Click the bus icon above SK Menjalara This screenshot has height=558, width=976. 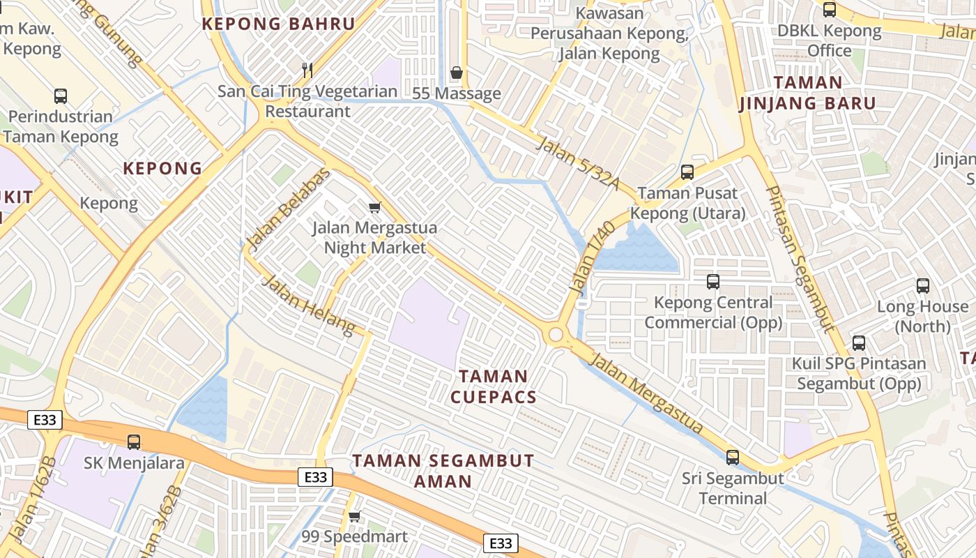tap(133, 442)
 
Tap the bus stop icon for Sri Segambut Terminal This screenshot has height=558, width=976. tap(732, 458)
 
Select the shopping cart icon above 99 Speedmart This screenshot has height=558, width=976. tap(355, 516)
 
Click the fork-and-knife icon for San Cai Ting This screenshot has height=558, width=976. tap(307, 70)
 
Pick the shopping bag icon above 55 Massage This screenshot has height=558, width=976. tap(457, 73)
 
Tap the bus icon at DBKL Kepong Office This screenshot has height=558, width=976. tap(829, 10)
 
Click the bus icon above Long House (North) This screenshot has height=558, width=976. tap(922, 285)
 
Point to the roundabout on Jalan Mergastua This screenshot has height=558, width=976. tap(555, 335)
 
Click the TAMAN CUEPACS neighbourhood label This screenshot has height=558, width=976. tap(494, 387)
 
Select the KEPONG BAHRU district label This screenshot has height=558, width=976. tap(279, 24)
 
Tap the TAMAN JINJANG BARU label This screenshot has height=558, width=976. tap(807, 93)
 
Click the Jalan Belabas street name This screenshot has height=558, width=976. tap(287, 209)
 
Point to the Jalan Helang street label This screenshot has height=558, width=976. tap(308, 305)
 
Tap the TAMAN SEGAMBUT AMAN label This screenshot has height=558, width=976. tap(443, 471)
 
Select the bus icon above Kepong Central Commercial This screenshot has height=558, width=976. tap(712, 282)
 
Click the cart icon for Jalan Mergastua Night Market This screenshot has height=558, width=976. tap(375, 207)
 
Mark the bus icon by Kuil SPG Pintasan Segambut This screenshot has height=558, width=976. tap(858, 343)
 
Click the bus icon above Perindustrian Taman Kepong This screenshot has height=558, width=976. tap(61, 96)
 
